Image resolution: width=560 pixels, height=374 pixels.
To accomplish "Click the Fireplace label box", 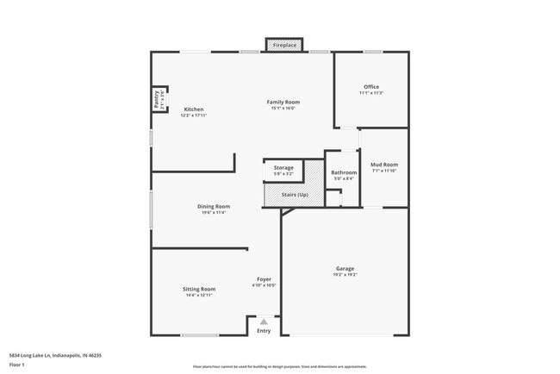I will pyautogui.click(x=284, y=45).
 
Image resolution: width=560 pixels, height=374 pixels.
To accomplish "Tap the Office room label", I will pyautogui.click(x=371, y=86).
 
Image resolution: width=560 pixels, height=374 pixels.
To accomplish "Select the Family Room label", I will pyautogui.click(x=283, y=102).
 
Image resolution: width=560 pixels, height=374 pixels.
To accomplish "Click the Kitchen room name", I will pyautogui.click(x=194, y=109).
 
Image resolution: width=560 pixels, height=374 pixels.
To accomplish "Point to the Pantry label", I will pyautogui.click(x=157, y=99).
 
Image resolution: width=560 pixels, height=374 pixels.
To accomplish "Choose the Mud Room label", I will pyautogui.click(x=383, y=164).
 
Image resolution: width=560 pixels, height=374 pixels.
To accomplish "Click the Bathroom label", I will pyautogui.click(x=344, y=172).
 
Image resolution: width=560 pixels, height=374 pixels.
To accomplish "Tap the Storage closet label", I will pyautogui.click(x=283, y=167).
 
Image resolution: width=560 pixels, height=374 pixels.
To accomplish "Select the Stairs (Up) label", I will pyautogui.click(x=295, y=195).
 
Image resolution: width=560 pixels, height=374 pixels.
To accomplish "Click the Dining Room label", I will pyautogui.click(x=214, y=206).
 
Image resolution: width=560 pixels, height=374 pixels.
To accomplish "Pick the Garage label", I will pyautogui.click(x=345, y=268).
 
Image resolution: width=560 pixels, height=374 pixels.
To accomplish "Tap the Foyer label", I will pyautogui.click(x=264, y=279).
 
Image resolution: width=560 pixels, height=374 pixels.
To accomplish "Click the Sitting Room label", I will pyautogui.click(x=198, y=289).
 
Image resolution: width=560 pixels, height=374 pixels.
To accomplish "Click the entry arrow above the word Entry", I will pyautogui.click(x=264, y=322).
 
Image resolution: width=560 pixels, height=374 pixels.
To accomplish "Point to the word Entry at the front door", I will pyautogui.click(x=264, y=331).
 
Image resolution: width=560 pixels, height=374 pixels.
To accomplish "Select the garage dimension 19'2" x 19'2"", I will pyautogui.click(x=345, y=275).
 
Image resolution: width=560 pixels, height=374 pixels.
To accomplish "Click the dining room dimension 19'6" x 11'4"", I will pyautogui.click(x=214, y=213).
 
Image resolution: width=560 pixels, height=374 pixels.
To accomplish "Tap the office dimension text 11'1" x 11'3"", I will pyautogui.click(x=371, y=93).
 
